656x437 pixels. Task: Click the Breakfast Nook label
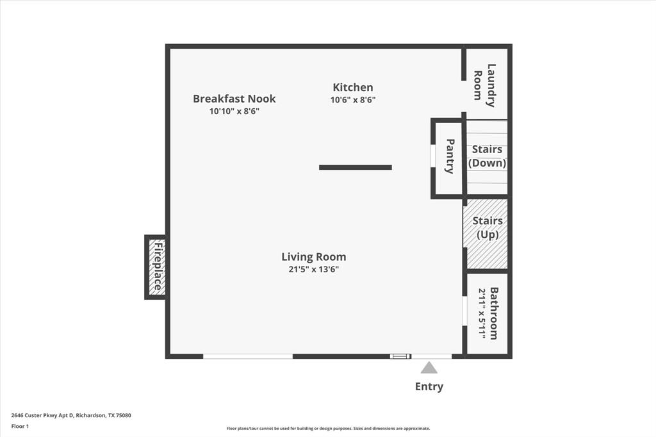tap(234, 99)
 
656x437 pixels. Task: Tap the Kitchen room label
tap(353, 87)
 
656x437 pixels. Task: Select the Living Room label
tap(314, 257)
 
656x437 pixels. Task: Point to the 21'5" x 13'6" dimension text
tap(314, 270)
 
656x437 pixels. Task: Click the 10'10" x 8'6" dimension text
tap(234, 111)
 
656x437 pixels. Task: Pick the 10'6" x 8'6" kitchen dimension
tap(353, 100)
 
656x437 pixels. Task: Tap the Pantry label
tap(450, 156)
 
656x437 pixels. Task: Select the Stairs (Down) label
tap(487, 156)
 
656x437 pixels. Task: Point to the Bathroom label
tap(494, 313)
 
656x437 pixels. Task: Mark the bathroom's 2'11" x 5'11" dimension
tap(481, 313)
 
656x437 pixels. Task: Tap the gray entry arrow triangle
tap(429, 367)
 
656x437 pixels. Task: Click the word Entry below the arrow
tap(429, 386)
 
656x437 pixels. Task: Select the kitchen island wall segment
tap(356, 167)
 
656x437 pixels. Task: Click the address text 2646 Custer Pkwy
tap(71, 415)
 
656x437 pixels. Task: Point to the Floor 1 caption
tap(20, 426)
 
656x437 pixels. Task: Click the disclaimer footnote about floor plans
tap(327, 429)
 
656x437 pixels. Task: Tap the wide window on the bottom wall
tap(248, 356)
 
